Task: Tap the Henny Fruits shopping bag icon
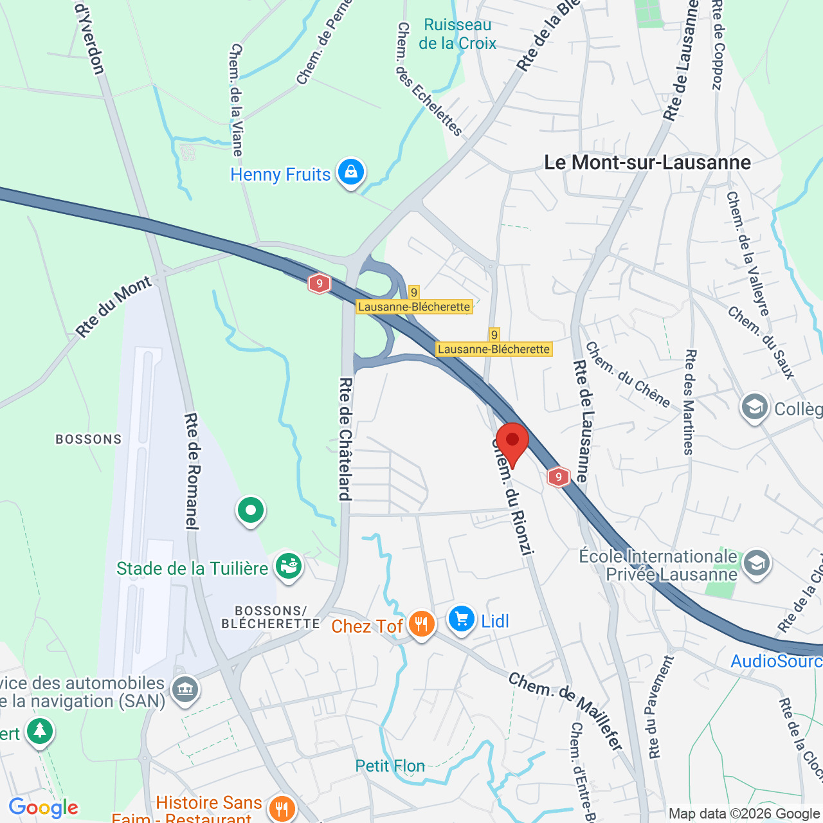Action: click(x=351, y=172)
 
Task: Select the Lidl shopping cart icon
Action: click(x=461, y=619)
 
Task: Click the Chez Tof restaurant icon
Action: click(x=421, y=624)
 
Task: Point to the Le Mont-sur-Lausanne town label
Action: click(x=647, y=163)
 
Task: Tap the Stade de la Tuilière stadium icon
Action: click(x=289, y=566)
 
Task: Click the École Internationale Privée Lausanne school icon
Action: click(x=756, y=564)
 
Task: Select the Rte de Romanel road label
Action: click(x=192, y=471)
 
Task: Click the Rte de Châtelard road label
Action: click(x=345, y=439)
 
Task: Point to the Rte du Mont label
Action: click(x=114, y=306)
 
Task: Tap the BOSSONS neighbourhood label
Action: click(x=89, y=439)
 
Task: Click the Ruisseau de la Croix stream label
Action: click(x=457, y=34)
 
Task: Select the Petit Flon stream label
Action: click(x=390, y=766)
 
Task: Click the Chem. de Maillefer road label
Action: click(x=566, y=711)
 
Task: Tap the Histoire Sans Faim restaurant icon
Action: click(x=282, y=808)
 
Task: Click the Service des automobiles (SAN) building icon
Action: click(x=185, y=690)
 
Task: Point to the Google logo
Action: click(x=44, y=808)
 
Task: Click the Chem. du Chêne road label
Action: click(x=628, y=375)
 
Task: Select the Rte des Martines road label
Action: click(x=689, y=402)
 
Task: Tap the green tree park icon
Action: click(x=40, y=731)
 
